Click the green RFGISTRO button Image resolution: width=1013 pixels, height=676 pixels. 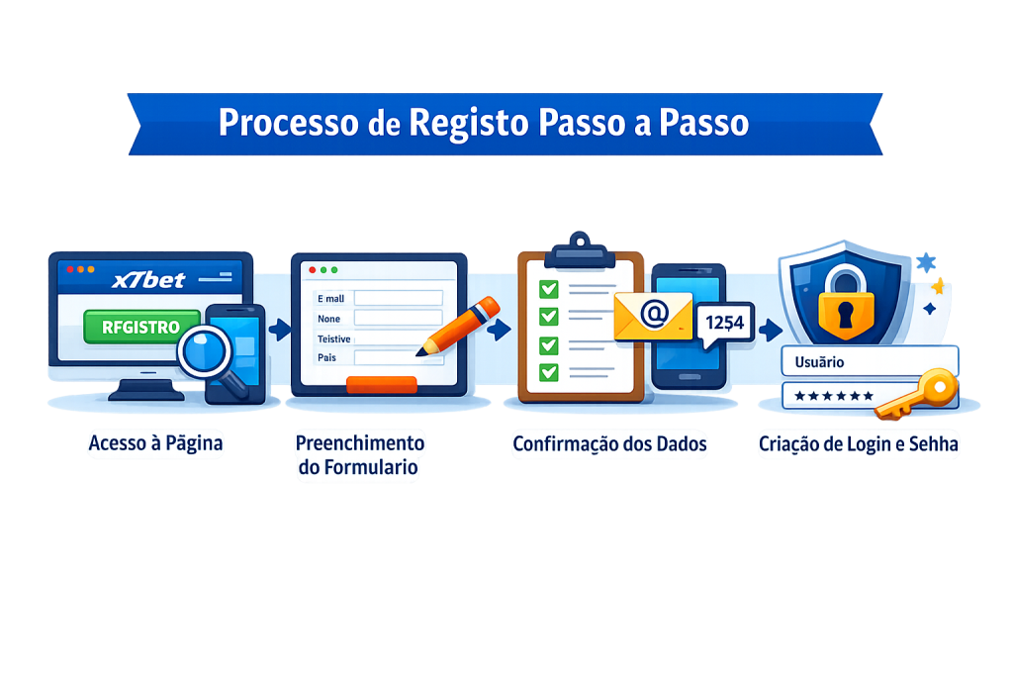click(135, 326)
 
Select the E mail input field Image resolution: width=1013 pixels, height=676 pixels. click(397, 297)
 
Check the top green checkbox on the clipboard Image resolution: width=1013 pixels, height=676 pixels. click(547, 288)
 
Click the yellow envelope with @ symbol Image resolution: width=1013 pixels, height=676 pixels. click(652, 316)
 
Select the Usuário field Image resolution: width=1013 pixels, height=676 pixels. click(870, 361)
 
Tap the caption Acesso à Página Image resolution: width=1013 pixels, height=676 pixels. click(155, 444)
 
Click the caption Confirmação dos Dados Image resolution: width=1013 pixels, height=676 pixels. click(609, 444)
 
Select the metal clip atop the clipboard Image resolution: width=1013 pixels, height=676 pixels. click(566, 243)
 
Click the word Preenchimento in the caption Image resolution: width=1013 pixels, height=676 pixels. click(360, 442)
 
